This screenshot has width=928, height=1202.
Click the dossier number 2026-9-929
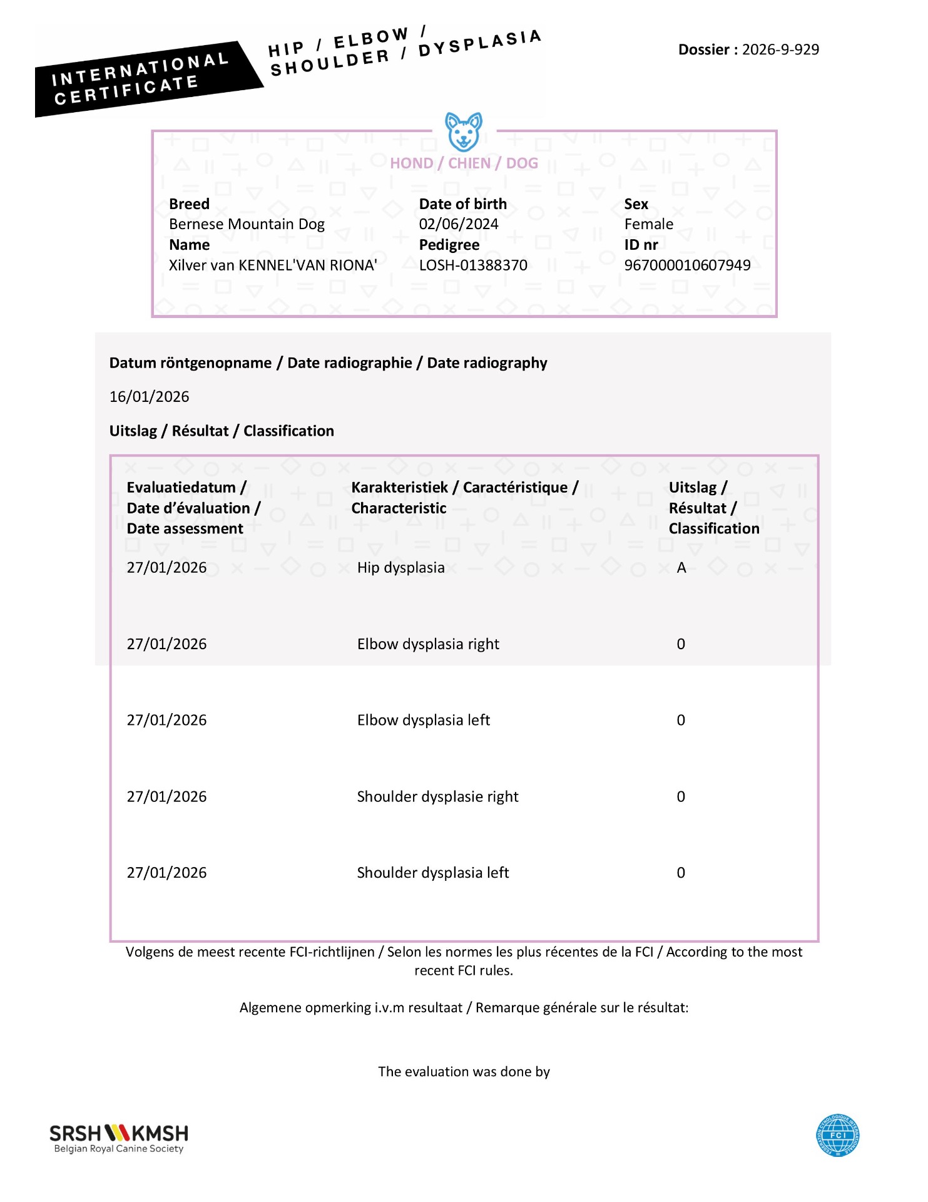point(780,49)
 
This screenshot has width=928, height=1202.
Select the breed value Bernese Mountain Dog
point(247,224)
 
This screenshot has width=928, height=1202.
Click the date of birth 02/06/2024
point(459,224)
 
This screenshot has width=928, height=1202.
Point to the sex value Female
point(649,224)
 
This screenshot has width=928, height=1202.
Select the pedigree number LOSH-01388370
point(473,265)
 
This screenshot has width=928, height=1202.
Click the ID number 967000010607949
point(687,265)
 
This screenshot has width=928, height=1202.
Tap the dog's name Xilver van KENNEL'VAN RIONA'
point(273,265)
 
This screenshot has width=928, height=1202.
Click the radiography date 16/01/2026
point(149,396)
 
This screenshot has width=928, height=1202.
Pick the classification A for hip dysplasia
point(681,568)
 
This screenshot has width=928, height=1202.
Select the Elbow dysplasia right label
point(428,644)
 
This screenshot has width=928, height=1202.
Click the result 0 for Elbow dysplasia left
point(681,721)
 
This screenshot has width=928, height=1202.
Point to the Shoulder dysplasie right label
point(437,797)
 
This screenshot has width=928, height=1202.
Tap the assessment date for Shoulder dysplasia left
point(166,873)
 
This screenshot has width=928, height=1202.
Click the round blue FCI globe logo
point(837,1135)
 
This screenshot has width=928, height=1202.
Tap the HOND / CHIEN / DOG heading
point(464,163)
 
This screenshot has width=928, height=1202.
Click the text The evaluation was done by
point(464,1072)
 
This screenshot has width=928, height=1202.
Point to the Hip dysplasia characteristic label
point(400,568)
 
